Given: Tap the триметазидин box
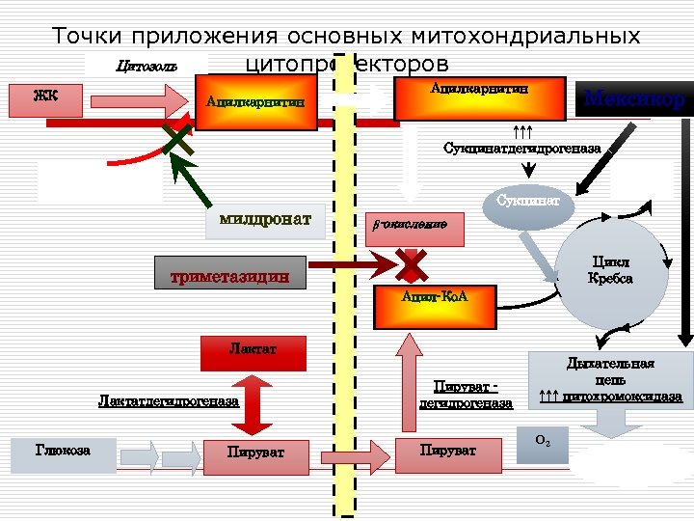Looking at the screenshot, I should [x=230, y=274].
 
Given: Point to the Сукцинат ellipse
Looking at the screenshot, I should [x=526, y=208].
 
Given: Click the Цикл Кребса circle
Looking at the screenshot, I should [x=609, y=270].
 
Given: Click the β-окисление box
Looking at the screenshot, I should [x=415, y=227].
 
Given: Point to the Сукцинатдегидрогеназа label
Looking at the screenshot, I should [x=521, y=149].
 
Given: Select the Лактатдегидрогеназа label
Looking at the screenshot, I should [x=169, y=400].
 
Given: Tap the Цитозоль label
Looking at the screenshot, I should [x=146, y=66].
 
